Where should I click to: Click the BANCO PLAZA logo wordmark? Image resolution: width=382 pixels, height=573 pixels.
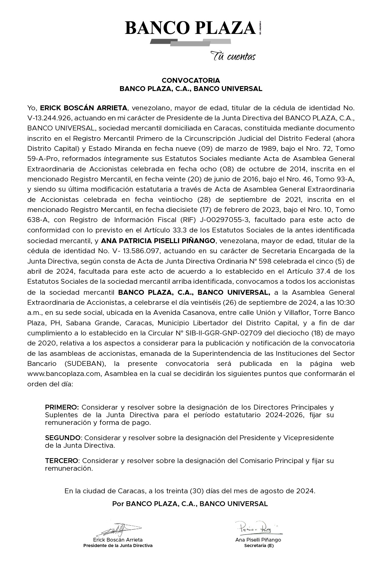click(190, 28)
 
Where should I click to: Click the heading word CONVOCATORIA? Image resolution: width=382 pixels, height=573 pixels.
click(191, 80)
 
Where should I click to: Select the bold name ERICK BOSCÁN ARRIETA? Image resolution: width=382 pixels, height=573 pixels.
click(84, 108)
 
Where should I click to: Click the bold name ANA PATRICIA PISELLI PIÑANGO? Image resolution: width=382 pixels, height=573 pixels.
click(158, 241)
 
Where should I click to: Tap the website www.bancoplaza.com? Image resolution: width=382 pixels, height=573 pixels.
click(64, 374)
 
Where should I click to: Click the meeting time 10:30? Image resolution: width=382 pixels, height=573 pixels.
click(346, 302)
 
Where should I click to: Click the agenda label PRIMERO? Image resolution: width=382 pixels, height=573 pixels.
click(62, 407)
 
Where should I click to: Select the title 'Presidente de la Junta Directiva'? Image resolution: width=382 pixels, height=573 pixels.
click(118, 545)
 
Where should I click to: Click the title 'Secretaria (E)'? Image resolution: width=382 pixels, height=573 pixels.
click(259, 546)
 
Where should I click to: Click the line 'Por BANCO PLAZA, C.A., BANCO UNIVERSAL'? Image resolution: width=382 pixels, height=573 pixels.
click(190, 504)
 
